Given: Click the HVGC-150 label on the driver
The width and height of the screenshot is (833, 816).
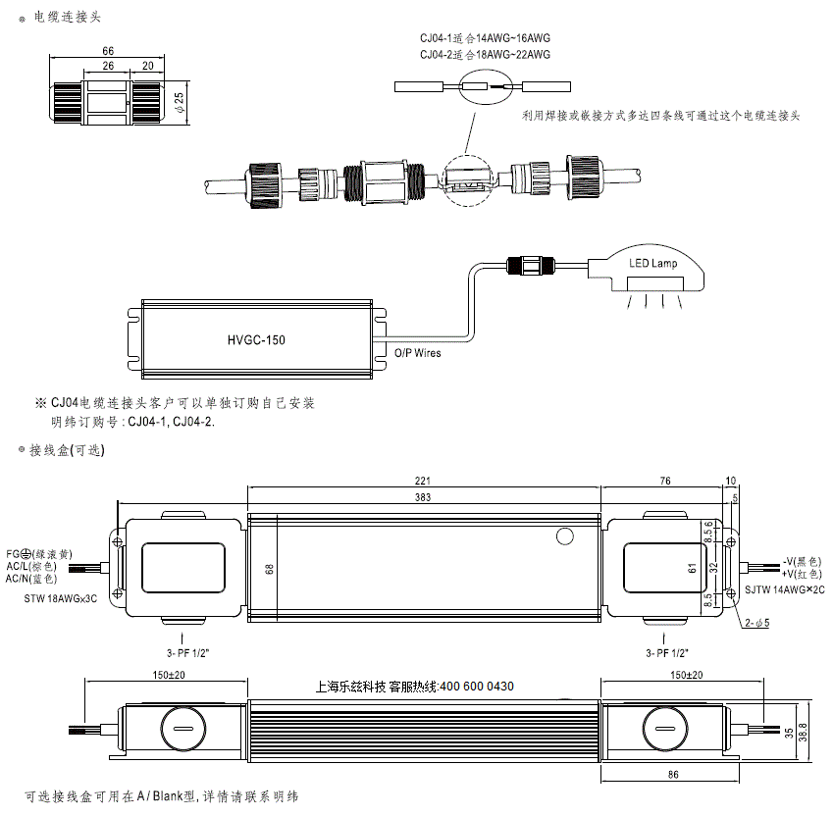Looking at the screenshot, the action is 256,339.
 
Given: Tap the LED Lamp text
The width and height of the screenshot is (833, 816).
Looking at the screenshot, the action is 652,263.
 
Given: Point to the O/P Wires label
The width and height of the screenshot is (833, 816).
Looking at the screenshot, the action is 418,353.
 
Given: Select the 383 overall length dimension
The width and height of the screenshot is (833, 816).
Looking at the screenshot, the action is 423,497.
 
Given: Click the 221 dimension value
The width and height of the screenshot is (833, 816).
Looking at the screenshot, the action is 423,481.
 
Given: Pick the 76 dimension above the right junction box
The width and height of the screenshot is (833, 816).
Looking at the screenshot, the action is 665,481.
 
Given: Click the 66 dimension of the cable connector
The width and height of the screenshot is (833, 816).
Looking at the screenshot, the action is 108,51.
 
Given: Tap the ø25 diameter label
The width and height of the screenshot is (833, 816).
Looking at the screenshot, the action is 180,102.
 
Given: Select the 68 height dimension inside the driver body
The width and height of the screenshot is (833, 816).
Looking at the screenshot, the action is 270,569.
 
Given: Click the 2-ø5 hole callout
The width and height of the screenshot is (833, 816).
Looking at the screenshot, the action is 757,623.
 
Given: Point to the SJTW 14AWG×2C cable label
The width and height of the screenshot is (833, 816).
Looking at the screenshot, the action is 785,589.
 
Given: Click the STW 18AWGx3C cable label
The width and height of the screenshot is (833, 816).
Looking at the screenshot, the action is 61,599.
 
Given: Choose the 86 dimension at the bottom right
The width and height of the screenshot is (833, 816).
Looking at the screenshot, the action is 673,775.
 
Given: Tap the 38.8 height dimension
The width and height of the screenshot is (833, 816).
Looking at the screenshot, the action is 803,732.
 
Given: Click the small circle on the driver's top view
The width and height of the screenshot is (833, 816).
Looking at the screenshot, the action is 565,536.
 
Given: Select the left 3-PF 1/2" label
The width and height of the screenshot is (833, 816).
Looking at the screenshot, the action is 188,653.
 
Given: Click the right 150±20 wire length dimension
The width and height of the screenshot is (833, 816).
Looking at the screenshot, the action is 687,675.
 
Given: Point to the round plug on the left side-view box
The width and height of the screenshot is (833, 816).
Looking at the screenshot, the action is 183,729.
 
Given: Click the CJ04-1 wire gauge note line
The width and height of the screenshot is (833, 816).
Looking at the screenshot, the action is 485,38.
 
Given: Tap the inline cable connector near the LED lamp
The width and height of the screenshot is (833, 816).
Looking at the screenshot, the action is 531,265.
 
